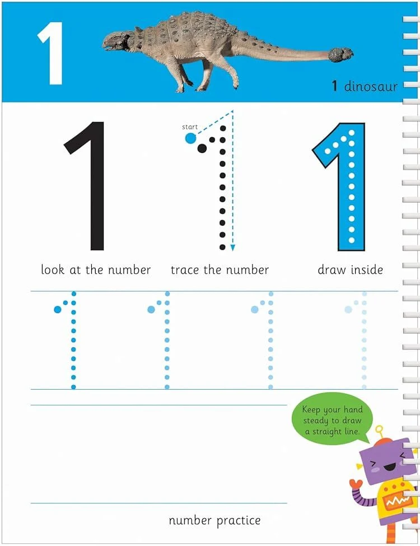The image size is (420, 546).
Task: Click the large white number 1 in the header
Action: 52,53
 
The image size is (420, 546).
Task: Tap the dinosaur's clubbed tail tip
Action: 341,54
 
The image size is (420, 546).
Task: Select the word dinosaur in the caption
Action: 371,86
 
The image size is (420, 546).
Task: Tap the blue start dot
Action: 190,138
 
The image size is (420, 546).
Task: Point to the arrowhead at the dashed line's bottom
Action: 232,247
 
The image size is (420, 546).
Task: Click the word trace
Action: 185,270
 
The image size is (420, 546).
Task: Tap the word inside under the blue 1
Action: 367,270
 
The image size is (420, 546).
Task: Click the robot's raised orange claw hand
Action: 355,483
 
